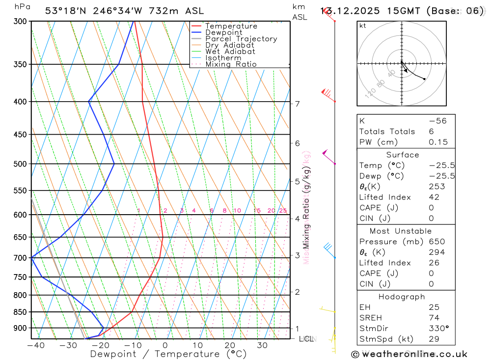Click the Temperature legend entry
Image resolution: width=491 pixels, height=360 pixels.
pyautogui.click(x=231, y=26)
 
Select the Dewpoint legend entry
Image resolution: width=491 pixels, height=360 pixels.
pyautogui.click(x=223, y=32)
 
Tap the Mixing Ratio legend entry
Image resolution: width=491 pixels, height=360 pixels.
pyautogui.click(x=231, y=64)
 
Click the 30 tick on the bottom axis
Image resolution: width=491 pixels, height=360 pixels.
pyautogui.click(x=262, y=345)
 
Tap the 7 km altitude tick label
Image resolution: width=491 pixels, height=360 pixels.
pyautogui.click(x=298, y=104)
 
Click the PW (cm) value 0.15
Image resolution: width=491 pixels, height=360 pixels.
pyautogui.click(x=438, y=142)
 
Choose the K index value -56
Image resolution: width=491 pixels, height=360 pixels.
pyautogui.click(x=437, y=121)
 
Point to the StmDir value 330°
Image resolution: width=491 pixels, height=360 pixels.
pyautogui.click(x=438, y=329)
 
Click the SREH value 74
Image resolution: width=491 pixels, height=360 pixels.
pyautogui.click(x=434, y=318)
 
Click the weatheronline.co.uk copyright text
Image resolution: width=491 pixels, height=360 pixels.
pyautogui.click(x=409, y=354)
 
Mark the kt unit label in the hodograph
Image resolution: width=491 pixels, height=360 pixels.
pyautogui.click(x=362, y=26)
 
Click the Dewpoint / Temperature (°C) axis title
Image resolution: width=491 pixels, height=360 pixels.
pyautogui.click(x=168, y=354)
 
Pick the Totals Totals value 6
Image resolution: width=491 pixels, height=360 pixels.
pyautogui.click(x=431, y=132)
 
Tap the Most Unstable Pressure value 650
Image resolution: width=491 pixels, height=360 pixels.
pyautogui.click(x=436, y=242)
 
